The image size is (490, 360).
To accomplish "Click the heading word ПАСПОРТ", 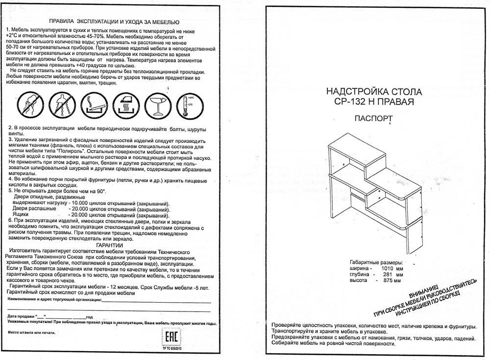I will pos(372,118).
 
